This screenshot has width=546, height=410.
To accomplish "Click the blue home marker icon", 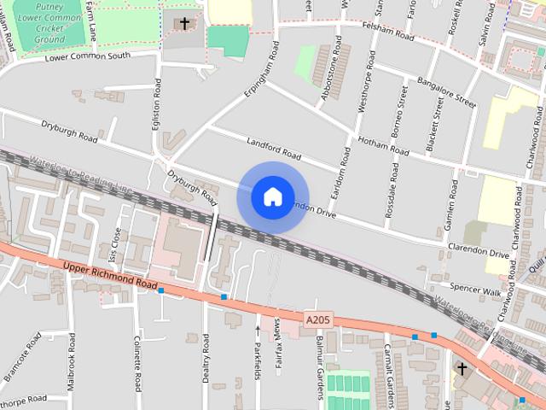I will (272, 197).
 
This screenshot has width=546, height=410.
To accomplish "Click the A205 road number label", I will (316, 320).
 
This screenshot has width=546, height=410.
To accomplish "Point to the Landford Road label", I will (274, 148).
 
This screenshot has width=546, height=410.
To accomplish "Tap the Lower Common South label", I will (90, 56).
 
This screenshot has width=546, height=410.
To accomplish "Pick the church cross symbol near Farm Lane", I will (184, 23).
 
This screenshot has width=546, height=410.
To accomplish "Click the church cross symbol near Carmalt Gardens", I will (462, 368).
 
